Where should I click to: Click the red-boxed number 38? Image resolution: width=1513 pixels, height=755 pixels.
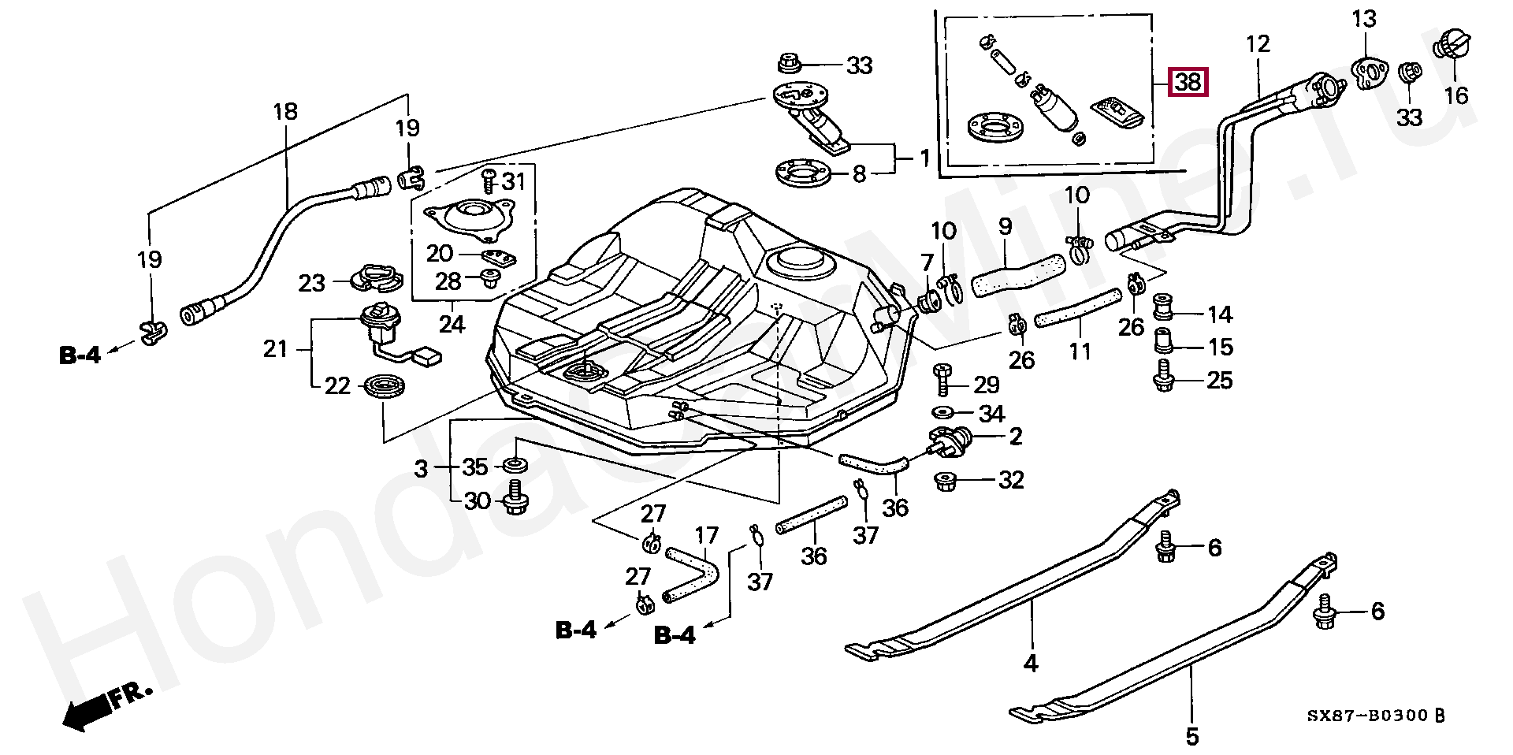[x=1188, y=81]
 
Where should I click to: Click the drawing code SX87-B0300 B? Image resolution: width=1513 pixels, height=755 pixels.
[x=1376, y=715]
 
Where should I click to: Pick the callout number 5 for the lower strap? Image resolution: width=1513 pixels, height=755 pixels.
[x=1192, y=736]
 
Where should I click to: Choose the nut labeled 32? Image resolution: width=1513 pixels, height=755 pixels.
[x=944, y=480]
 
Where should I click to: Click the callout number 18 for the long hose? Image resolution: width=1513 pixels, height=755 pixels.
[x=285, y=111]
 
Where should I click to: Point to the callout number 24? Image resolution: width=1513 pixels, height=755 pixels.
[x=452, y=323]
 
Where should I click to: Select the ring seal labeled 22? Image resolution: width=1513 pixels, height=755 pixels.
[x=386, y=387]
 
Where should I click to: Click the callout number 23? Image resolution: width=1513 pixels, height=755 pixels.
[x=312, y=282]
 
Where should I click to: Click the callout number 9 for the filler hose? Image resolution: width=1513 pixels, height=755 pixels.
[x=1005, y=228]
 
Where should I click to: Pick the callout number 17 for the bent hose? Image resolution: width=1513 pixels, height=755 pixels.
[x=707, y=536]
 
